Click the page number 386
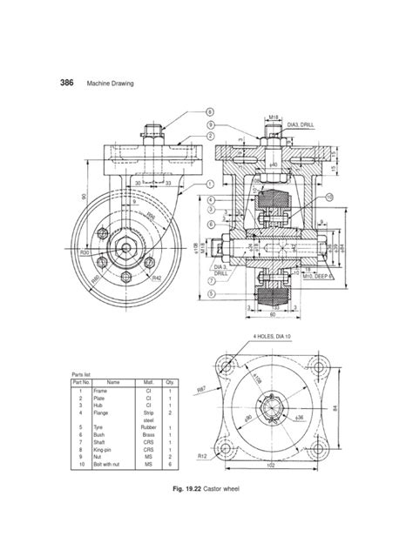click(x=66, y=84)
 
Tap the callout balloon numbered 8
click(x=210, y=111)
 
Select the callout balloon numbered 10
click(x=328, y=198)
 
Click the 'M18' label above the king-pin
click(x=273, y=115)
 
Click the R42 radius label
click(x=156, y=278)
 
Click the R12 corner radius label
click(x=201, y=455)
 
